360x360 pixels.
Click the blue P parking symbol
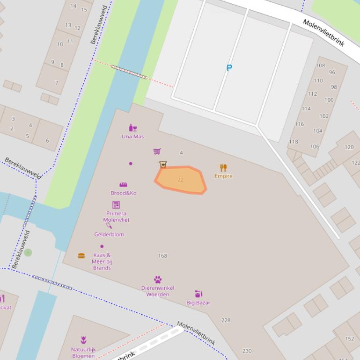coord(229,68)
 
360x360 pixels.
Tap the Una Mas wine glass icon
coord(133,128)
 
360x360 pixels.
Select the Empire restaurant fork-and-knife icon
coord(223,167)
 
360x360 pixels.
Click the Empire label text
coord(223,176)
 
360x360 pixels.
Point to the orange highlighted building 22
coord(181,180)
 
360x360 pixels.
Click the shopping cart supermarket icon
coord(157,151)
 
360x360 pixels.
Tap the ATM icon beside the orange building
coord(163,165)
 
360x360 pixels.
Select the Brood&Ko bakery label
coord(124,193)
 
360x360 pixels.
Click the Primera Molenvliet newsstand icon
coord(116,205)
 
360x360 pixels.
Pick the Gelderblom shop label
coord(109,235)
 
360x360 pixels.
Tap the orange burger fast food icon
coord(81,256)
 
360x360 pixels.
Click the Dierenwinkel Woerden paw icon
coord(158,280)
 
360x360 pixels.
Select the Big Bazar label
coord(198,302)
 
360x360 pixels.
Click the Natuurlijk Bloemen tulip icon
coord(83,340)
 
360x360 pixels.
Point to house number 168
coord(162,256)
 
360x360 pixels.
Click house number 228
coord(226,320)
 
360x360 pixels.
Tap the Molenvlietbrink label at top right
coord(323,33)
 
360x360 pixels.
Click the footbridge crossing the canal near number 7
coord(129,72)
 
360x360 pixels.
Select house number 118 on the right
coord(293,142)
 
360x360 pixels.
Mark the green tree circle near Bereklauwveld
coord(28,252)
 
